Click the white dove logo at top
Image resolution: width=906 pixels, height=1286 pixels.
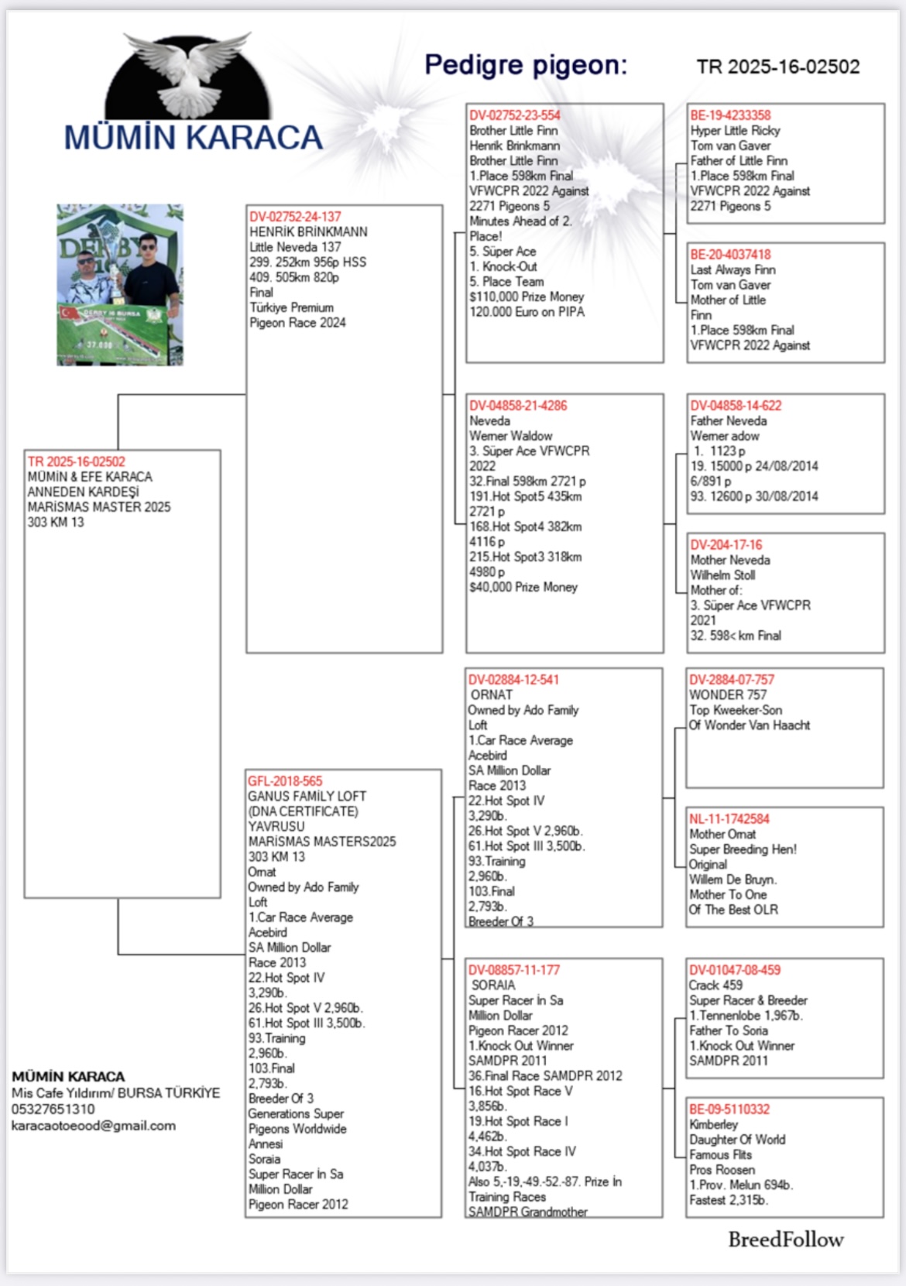[x=188, y=74]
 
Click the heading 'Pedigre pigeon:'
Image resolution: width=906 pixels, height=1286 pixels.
[x=526, y=65]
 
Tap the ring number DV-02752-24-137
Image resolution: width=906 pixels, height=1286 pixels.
[x=295, y=217]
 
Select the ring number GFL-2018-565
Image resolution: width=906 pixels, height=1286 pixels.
[x=285, y=781]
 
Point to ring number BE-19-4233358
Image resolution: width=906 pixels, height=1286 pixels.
[x=730, y=115]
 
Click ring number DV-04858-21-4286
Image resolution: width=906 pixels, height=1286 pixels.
[x=518, y=406]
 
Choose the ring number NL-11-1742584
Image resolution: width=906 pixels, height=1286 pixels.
[x=729, y=819]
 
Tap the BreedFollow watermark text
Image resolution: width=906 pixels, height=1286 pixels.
[x=785, y=1240]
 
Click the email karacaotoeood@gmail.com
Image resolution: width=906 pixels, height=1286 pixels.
[x=94, y=1126]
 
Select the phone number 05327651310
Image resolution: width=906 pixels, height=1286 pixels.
[x=53, y=1109]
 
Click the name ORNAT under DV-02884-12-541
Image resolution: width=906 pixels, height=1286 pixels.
[x=492, y=695]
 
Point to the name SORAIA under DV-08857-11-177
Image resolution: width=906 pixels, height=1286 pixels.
[x=493, y=986]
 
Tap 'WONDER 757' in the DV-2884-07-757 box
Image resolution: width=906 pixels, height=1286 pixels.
[x=728, y=695]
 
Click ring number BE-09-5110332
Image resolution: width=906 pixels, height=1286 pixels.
[x=729, y=1109]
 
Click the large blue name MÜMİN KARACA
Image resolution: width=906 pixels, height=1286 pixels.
[x=193, y=138]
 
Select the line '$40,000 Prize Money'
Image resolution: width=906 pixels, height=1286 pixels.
[x=523, y=588]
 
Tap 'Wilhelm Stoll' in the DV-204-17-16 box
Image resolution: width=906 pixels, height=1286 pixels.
[x=722, y=575]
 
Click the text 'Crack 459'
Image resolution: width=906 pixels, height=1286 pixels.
[x=716, y=986]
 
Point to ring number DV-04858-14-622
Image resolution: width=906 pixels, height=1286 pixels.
[x=736, y=406]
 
